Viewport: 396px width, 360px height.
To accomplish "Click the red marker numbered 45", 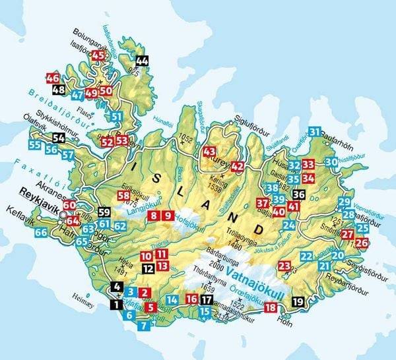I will pyautogui.click(x=99, y=56).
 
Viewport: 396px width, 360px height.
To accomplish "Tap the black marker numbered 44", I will pyautogui.click(x=142, y=61).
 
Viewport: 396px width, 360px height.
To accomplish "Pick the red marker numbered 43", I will pyautogui.click(x=210, y=152).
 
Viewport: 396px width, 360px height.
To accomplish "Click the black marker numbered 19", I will pyautogui.click(x=298, y=302).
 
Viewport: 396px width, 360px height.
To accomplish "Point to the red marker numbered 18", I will pyautogui.click(x=270, y=307).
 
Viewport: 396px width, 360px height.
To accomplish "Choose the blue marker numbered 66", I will pyautogui.click(x=41, y=232).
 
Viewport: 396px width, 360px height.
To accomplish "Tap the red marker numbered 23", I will pyautogui.click(x=284, y=266).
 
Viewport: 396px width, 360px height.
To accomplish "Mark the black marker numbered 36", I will pyautogui.click(x=299, y=195).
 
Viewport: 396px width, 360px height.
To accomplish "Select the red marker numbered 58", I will pyautogui.click(x=123, y=196).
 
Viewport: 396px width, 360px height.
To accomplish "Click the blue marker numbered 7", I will pyautogui.click(x=145, y=324).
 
